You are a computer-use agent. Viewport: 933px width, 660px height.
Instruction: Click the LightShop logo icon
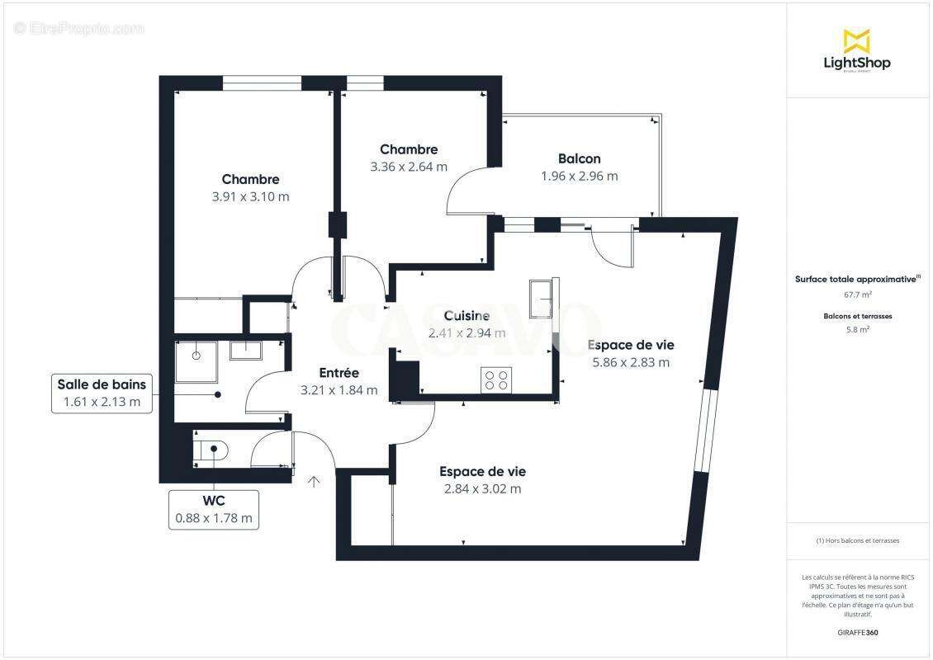tap(856, 40)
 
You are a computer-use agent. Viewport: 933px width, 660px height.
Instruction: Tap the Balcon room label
tap(579, 158)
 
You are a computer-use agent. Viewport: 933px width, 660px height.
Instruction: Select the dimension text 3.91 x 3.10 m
tap(250, 196)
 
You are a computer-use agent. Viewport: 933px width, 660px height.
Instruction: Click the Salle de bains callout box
tap(102, 394)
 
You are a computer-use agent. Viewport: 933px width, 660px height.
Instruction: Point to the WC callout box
tap(213, 510)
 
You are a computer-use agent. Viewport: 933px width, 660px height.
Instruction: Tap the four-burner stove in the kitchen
tap(495, 379)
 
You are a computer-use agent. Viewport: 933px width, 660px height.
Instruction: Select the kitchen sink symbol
tap(542, 294)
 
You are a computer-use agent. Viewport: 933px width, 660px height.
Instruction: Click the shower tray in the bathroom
tap(196, 356)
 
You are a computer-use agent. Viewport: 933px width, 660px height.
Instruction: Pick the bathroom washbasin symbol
tap(245, 350)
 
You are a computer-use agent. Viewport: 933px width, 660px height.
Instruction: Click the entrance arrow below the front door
tap(314, 482)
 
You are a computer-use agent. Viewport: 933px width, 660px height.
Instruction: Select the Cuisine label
tap(466, 315)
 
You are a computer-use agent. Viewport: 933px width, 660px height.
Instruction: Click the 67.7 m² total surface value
tap(856, 294)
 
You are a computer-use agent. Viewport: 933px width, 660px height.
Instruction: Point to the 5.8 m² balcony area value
tap(856, 329)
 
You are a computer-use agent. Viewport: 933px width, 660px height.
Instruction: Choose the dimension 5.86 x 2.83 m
tap(630, 361)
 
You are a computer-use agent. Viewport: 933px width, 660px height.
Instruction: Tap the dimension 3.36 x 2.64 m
tap(409, 166)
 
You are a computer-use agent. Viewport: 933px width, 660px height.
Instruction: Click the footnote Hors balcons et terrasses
tap(857, 540)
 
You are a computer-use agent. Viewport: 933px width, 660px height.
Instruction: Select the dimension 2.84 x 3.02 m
tap(482, 488)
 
